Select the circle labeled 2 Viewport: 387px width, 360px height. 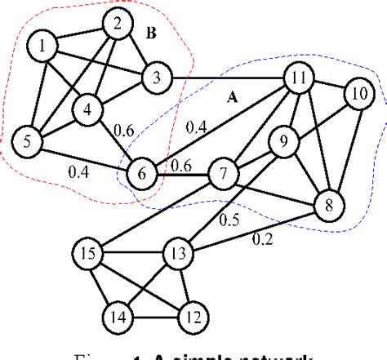point(118,25)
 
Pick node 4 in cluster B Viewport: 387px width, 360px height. point(87,107)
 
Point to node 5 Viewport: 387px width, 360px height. point(27,140)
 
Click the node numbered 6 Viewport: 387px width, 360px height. point(142,173)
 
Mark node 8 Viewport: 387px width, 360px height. point(330,204)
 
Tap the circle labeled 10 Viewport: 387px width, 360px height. point(358,94)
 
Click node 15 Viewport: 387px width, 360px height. point(88,252)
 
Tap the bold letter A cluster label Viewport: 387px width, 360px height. point(231,97)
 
